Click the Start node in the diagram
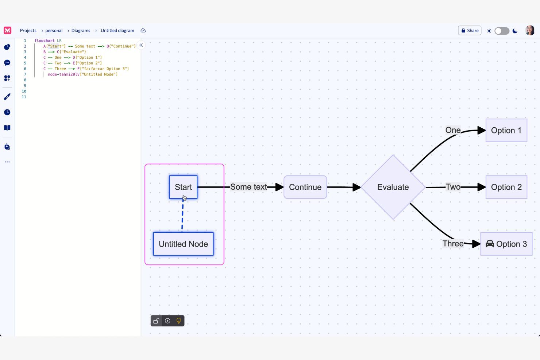coord(183,187)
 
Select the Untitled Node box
coord(183,244)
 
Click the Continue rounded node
coord(305,187)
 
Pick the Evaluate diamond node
coord(393,187)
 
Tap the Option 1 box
coord(506,131)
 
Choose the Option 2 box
coord(506,187)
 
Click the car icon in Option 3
coord(490,244)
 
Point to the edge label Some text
coord(248,187)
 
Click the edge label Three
coord(453,244)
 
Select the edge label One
coord(453,130)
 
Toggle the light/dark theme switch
coord(502,31)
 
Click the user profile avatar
coord(530,31)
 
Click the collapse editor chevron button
coord(141,45)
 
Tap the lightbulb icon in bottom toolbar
coord(179,321)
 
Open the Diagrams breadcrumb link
coord(81,31)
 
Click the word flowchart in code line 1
coord(44,40)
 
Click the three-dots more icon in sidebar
coord(7,162)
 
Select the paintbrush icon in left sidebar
coord(7,97)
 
